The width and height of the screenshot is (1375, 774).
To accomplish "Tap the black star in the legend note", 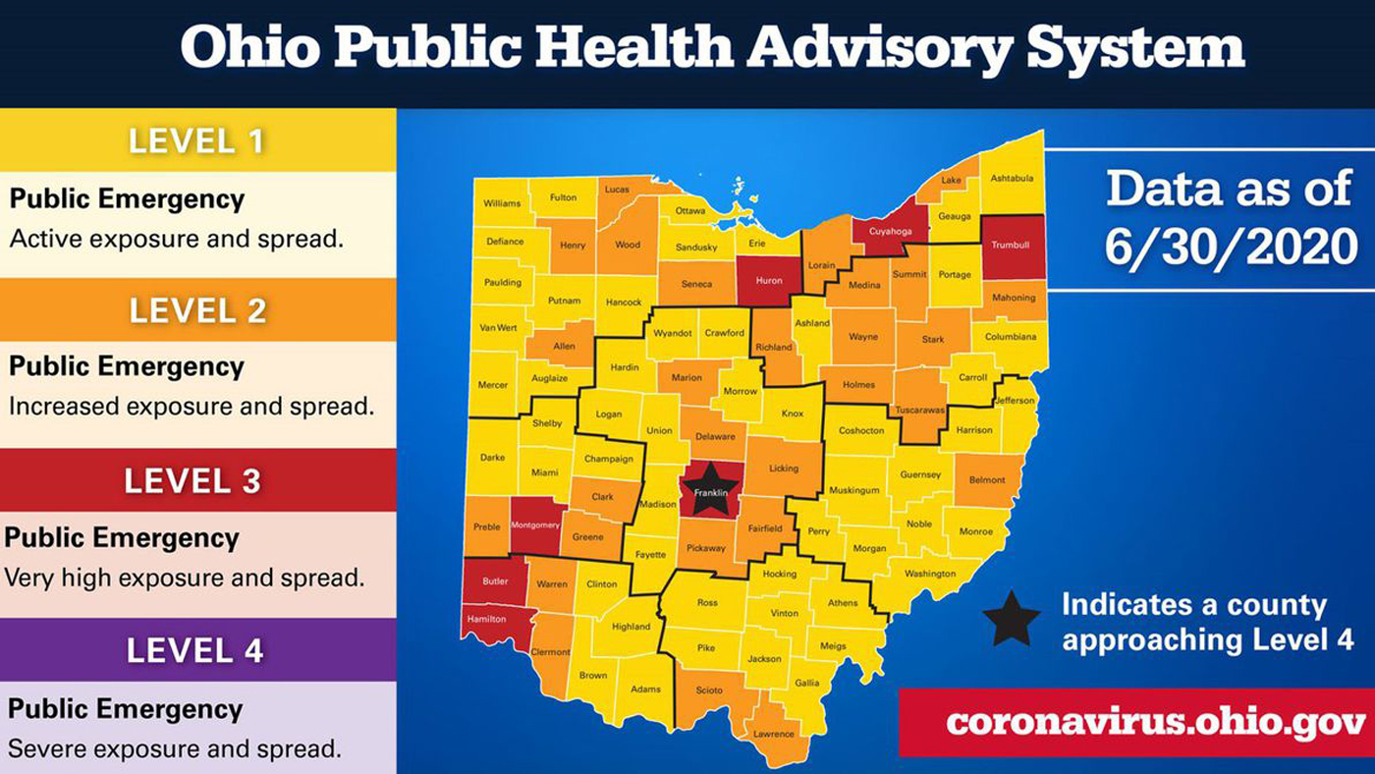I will tap(1012, 620).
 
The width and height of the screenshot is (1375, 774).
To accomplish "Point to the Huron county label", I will tap(769, 281).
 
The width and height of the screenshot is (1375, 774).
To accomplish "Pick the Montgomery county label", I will tap(535, 525).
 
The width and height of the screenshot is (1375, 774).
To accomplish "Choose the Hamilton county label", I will tap(487, 619).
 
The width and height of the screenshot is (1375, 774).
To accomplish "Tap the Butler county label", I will tap(495, 581).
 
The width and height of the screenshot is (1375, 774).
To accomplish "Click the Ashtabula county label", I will tap(1012, 178).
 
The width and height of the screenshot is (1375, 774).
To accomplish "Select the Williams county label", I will tap(502, 203).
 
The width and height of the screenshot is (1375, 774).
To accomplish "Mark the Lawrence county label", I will tap(774, 734).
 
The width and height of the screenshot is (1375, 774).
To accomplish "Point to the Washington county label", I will tap(930, 574).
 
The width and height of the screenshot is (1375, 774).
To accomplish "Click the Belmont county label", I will tap(987, 480).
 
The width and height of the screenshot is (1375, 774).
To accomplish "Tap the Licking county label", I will tap(783, 469).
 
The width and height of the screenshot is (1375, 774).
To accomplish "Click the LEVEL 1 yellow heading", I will tap(196, 141).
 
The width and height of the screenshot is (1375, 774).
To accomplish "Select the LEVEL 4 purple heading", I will tap(195, 650).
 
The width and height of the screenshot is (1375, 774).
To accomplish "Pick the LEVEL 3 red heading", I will tap(192, 481).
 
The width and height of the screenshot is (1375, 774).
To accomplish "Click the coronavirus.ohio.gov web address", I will tap(1156, 723).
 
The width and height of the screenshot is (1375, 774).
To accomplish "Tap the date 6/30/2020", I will tap(1231, 249).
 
